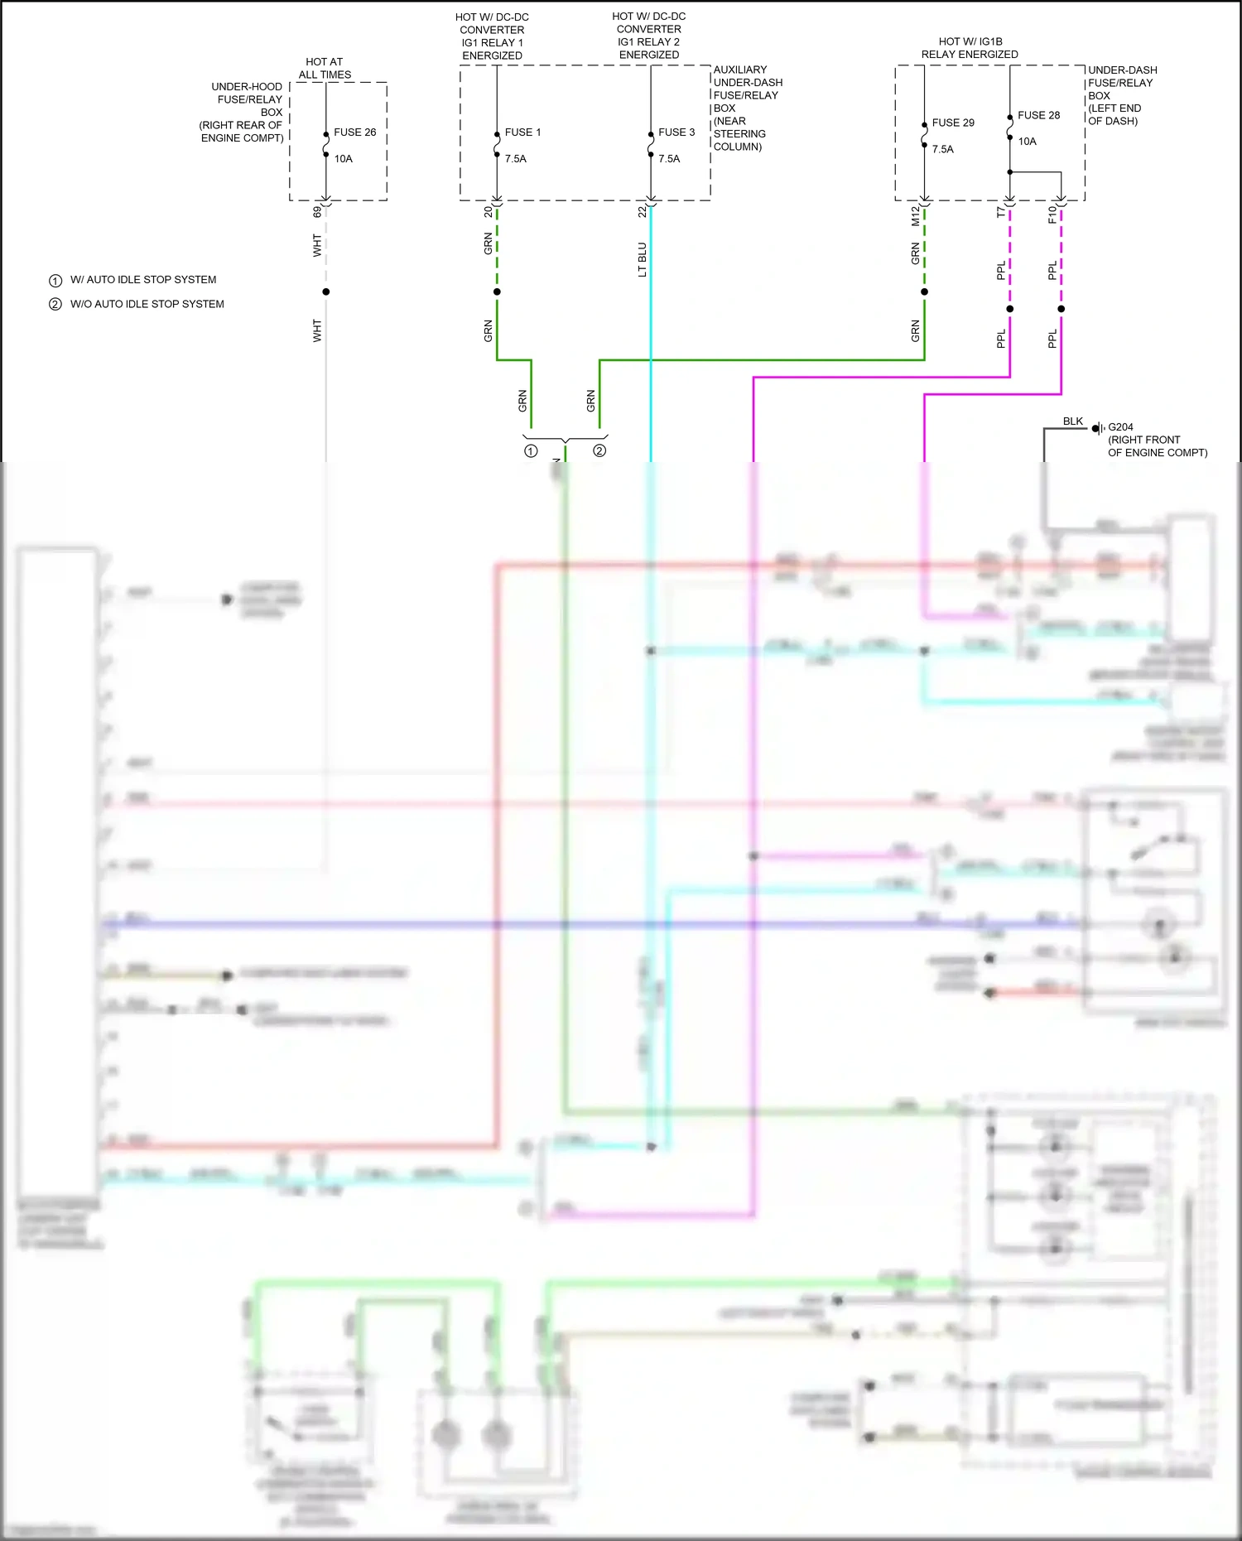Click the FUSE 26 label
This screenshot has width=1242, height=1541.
354,132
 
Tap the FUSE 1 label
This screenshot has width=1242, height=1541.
522,132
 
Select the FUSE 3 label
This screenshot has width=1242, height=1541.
676,132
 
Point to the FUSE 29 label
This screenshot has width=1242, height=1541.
953,123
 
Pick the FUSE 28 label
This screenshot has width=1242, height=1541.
1038,116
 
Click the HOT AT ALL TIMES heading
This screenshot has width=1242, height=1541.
325,68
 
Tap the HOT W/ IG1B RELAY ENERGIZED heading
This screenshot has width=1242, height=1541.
970,48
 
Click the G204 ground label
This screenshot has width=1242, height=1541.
1120,427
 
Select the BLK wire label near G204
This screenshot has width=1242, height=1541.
1073,421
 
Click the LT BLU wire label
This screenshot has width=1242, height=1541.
643,259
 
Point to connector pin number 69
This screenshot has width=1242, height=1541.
317,212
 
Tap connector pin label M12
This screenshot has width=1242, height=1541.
915,216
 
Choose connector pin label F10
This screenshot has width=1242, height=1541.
1052,214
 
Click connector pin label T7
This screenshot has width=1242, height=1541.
1000,213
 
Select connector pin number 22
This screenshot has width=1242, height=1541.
643,212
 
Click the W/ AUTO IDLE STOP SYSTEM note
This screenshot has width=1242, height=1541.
143,280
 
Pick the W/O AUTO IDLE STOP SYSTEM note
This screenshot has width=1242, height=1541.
147,304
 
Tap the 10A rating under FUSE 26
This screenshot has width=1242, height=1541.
344,159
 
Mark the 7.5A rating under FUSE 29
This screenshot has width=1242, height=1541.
943,150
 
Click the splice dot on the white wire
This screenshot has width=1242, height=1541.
326,291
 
